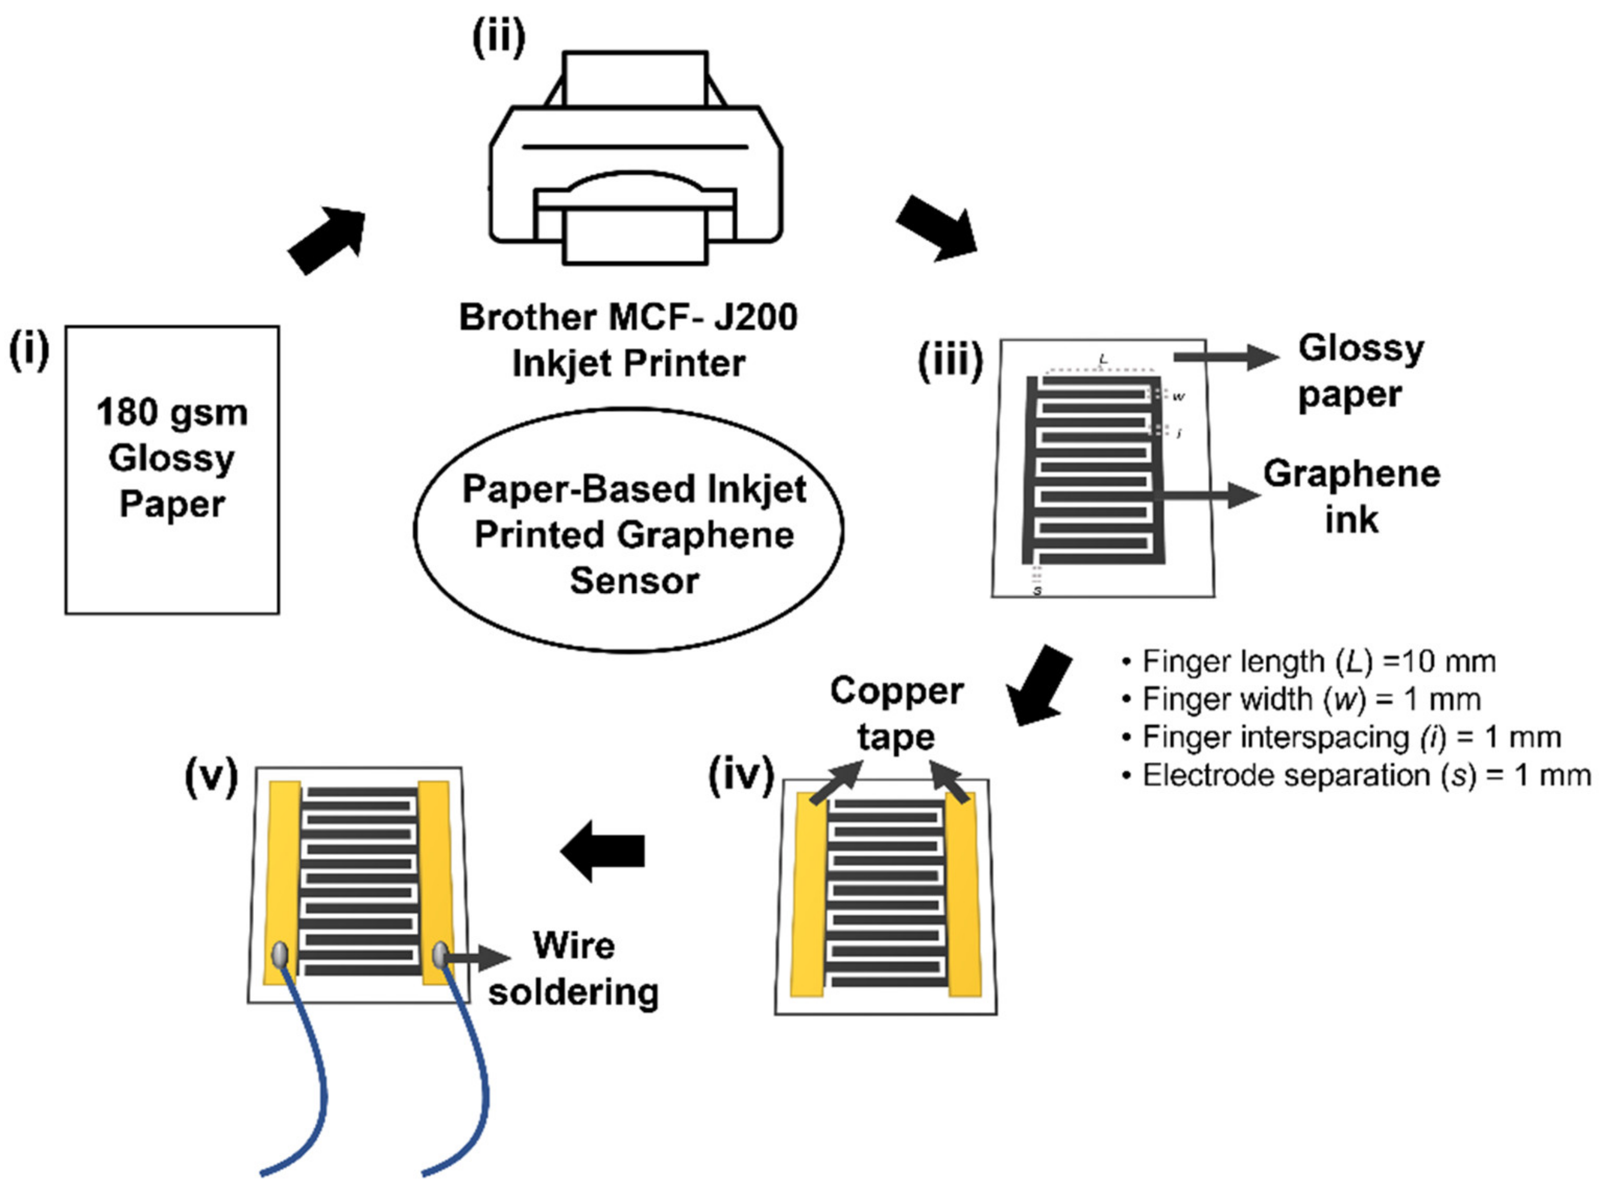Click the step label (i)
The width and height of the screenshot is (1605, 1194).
point(29,351)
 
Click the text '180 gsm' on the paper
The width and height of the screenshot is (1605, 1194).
point(172,413)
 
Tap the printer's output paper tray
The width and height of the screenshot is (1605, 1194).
point(634,235)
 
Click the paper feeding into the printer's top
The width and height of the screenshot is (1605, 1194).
point(634,78)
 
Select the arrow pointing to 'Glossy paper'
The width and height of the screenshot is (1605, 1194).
point(1225,355)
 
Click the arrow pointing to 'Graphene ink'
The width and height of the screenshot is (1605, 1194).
point(1207,496)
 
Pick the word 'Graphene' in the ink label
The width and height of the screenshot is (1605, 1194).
point(1351,474)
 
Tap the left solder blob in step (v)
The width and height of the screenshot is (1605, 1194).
point(280,956)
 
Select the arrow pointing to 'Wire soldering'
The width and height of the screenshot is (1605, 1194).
point(477,958)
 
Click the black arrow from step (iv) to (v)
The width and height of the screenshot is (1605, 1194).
point(603,851)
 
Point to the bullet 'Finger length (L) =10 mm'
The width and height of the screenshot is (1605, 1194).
point(1309,661)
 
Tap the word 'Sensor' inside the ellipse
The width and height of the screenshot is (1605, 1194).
point(634,581)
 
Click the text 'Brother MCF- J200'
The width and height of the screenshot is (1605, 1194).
point(628,317)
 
